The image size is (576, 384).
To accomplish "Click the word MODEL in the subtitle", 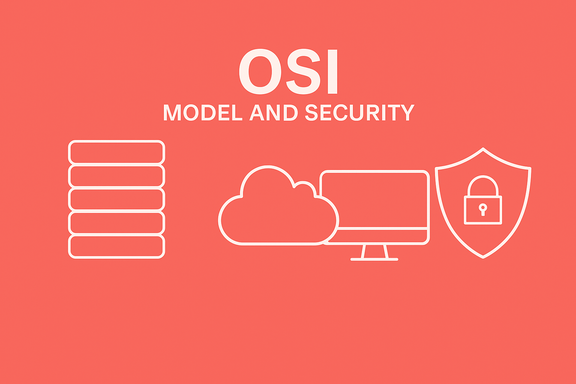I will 202,112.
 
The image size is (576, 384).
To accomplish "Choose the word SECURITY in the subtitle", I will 360,112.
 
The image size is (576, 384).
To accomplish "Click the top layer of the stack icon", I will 116,152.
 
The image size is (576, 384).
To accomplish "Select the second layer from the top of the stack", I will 116,176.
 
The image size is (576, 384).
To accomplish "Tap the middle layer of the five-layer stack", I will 116,199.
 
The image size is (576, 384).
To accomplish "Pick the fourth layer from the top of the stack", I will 116,223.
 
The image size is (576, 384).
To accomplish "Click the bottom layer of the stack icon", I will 116,246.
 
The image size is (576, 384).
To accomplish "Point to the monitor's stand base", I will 374,259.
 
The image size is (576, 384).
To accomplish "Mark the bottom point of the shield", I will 483,257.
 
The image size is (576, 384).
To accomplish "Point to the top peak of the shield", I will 483,149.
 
